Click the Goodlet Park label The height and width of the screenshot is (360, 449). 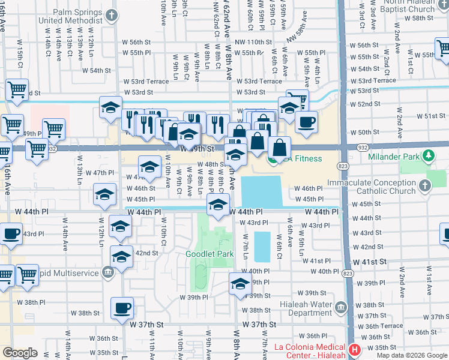coord(209,254)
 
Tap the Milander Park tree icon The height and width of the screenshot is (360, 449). coord(428,157)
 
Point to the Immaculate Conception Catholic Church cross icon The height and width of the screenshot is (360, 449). coord(424,185)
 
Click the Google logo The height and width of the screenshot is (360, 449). coord(20,353)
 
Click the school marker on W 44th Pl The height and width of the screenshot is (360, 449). coord(218,205)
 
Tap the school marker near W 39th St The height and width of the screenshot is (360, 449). coord(240,284)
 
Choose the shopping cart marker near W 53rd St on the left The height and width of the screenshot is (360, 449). coord(17,90)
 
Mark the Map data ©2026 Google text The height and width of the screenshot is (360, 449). coord(412,355)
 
